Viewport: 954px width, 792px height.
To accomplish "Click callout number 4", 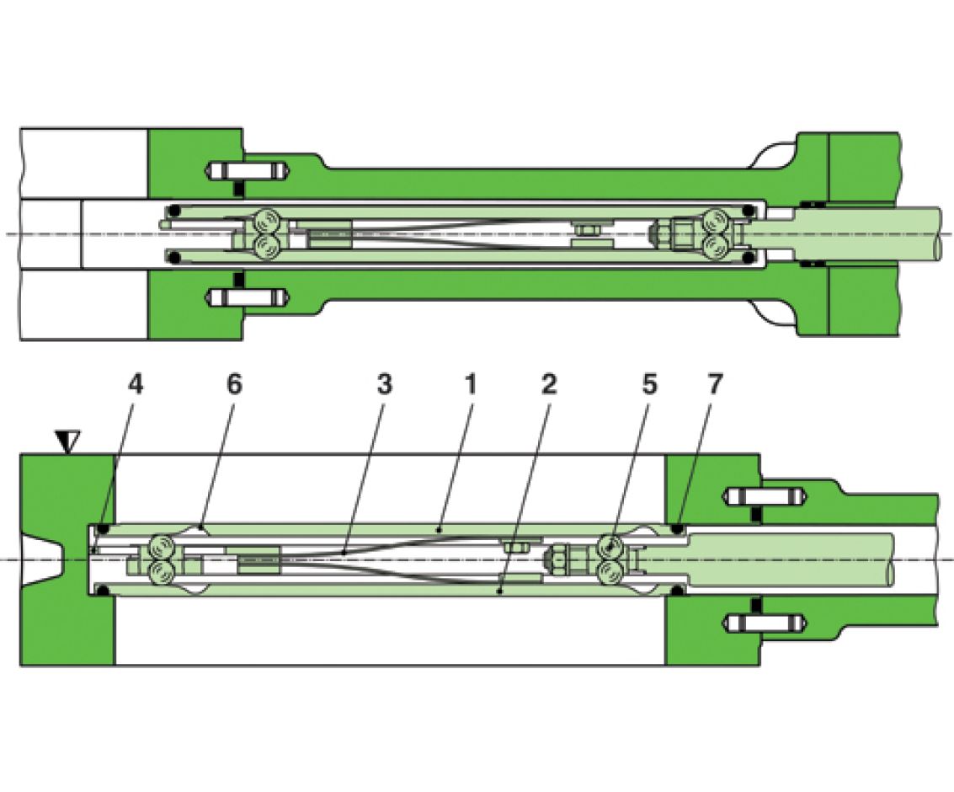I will [136, 384].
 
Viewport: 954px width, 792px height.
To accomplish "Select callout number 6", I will [234, 384].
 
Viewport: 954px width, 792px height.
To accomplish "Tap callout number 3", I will [384, 384].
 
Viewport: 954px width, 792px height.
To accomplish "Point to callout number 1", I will [471, 384].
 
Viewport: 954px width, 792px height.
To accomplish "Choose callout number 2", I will [549, 384].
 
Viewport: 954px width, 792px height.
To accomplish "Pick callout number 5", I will [649, 384].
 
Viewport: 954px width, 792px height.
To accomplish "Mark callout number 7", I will [714, 384].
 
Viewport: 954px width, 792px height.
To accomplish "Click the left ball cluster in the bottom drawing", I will [162, 559].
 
